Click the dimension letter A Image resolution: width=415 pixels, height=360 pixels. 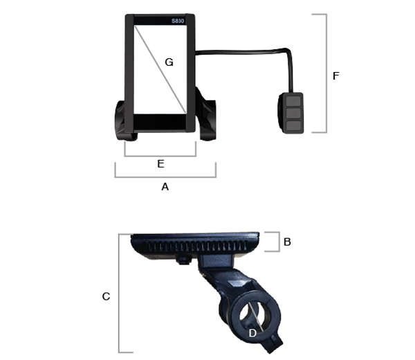(165, 187)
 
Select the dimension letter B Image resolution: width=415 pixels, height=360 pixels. (287, 242)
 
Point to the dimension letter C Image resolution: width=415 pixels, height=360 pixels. (106, 296)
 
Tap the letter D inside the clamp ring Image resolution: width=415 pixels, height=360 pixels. (253, 333)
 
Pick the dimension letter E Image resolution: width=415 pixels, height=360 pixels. (160, 164)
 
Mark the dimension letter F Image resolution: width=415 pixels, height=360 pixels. (336, 75)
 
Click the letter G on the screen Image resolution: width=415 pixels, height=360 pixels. (169, 62)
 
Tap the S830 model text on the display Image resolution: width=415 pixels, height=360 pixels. (178, 21)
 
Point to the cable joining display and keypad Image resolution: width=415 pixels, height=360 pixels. (242, 49)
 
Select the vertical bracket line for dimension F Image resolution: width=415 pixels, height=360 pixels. (326, 73)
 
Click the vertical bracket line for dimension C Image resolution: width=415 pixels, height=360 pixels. (120, 294)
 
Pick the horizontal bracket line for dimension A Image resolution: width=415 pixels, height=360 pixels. (165, 177)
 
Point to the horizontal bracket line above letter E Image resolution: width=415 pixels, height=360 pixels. (160, 156)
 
